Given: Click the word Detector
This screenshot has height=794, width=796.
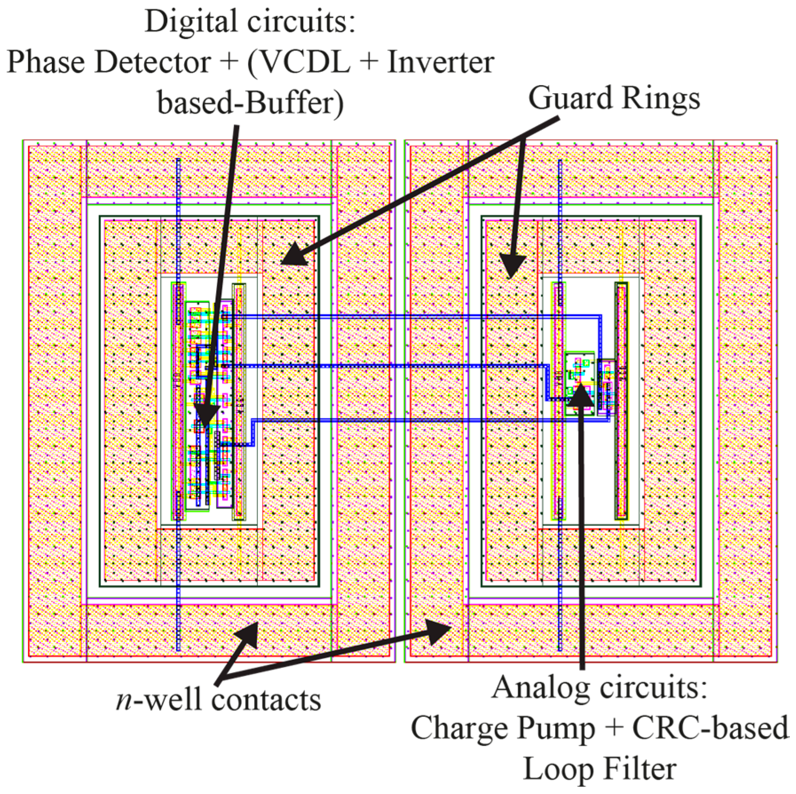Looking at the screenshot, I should click(x=153, y=62).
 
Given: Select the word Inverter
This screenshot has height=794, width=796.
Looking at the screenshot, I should click(x=441, y=62).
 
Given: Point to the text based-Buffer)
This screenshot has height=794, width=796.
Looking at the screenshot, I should click(x=250, y=103).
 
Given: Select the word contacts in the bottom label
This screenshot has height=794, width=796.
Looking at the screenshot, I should click(x=266, y=700).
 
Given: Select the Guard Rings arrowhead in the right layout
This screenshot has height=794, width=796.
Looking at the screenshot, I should click(x=512, y=266).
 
